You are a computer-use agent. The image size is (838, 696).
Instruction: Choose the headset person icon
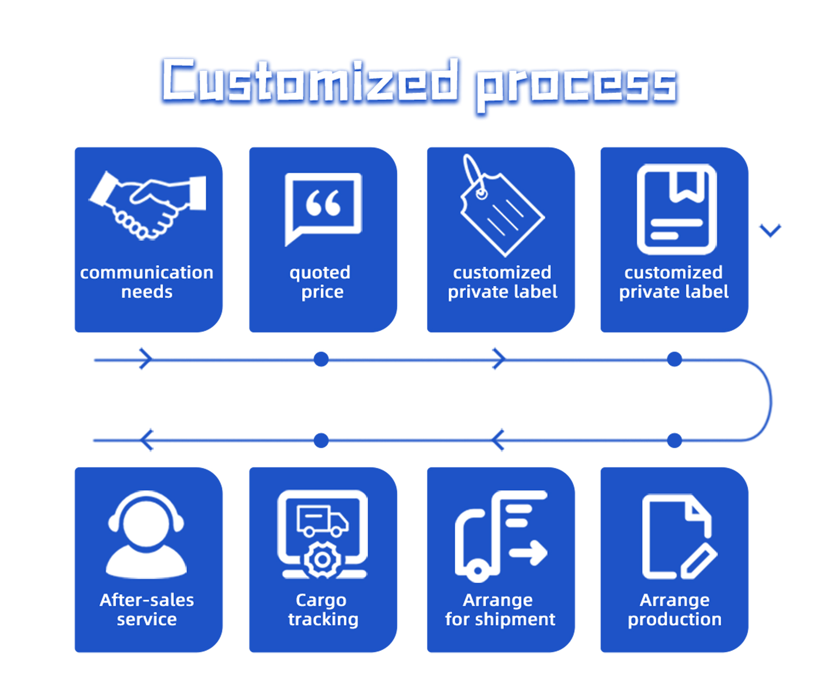pos(147,535)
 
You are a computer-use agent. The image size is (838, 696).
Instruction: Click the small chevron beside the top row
pos(770,230)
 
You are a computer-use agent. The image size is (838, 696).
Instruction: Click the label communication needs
pos(147,282)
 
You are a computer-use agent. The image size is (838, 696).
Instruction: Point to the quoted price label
pos(321,282)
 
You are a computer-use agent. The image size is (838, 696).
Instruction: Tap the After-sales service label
pos(147,610)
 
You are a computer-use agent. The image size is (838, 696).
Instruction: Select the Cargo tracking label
pos(323,610)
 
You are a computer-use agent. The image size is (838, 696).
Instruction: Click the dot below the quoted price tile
pos(321,359)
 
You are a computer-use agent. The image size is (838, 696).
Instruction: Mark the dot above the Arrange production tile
pos(674,440)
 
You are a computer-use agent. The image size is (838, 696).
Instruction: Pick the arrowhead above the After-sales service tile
pos(147,440)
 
